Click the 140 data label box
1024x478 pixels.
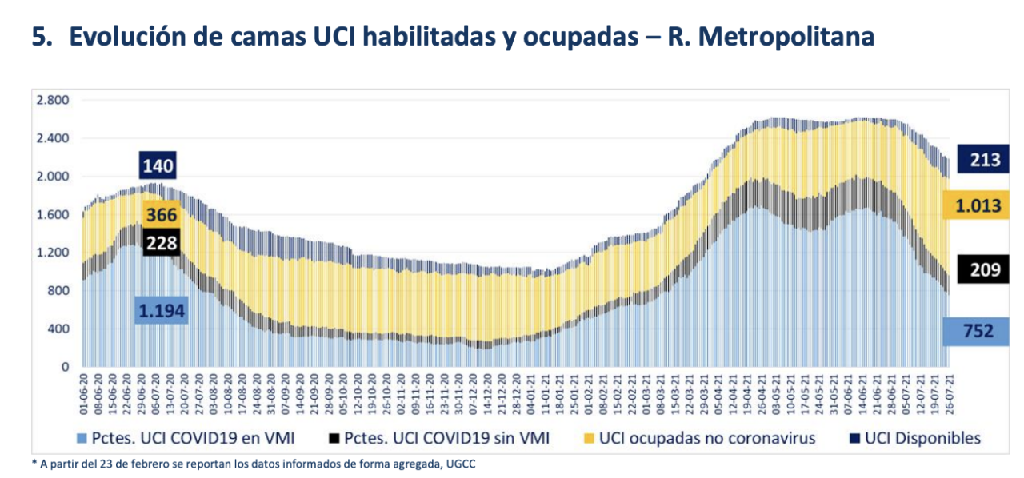(x=158, y=166)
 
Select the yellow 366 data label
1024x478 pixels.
(x=162, y=215)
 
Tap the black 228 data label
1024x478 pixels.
(x=162, y=243)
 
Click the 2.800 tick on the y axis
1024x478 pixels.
(x=53, y=100)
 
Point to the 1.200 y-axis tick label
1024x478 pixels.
(x=53, y=253)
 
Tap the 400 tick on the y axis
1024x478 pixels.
(x=59, y=329)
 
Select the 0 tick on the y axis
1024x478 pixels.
(x=66, y=367)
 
